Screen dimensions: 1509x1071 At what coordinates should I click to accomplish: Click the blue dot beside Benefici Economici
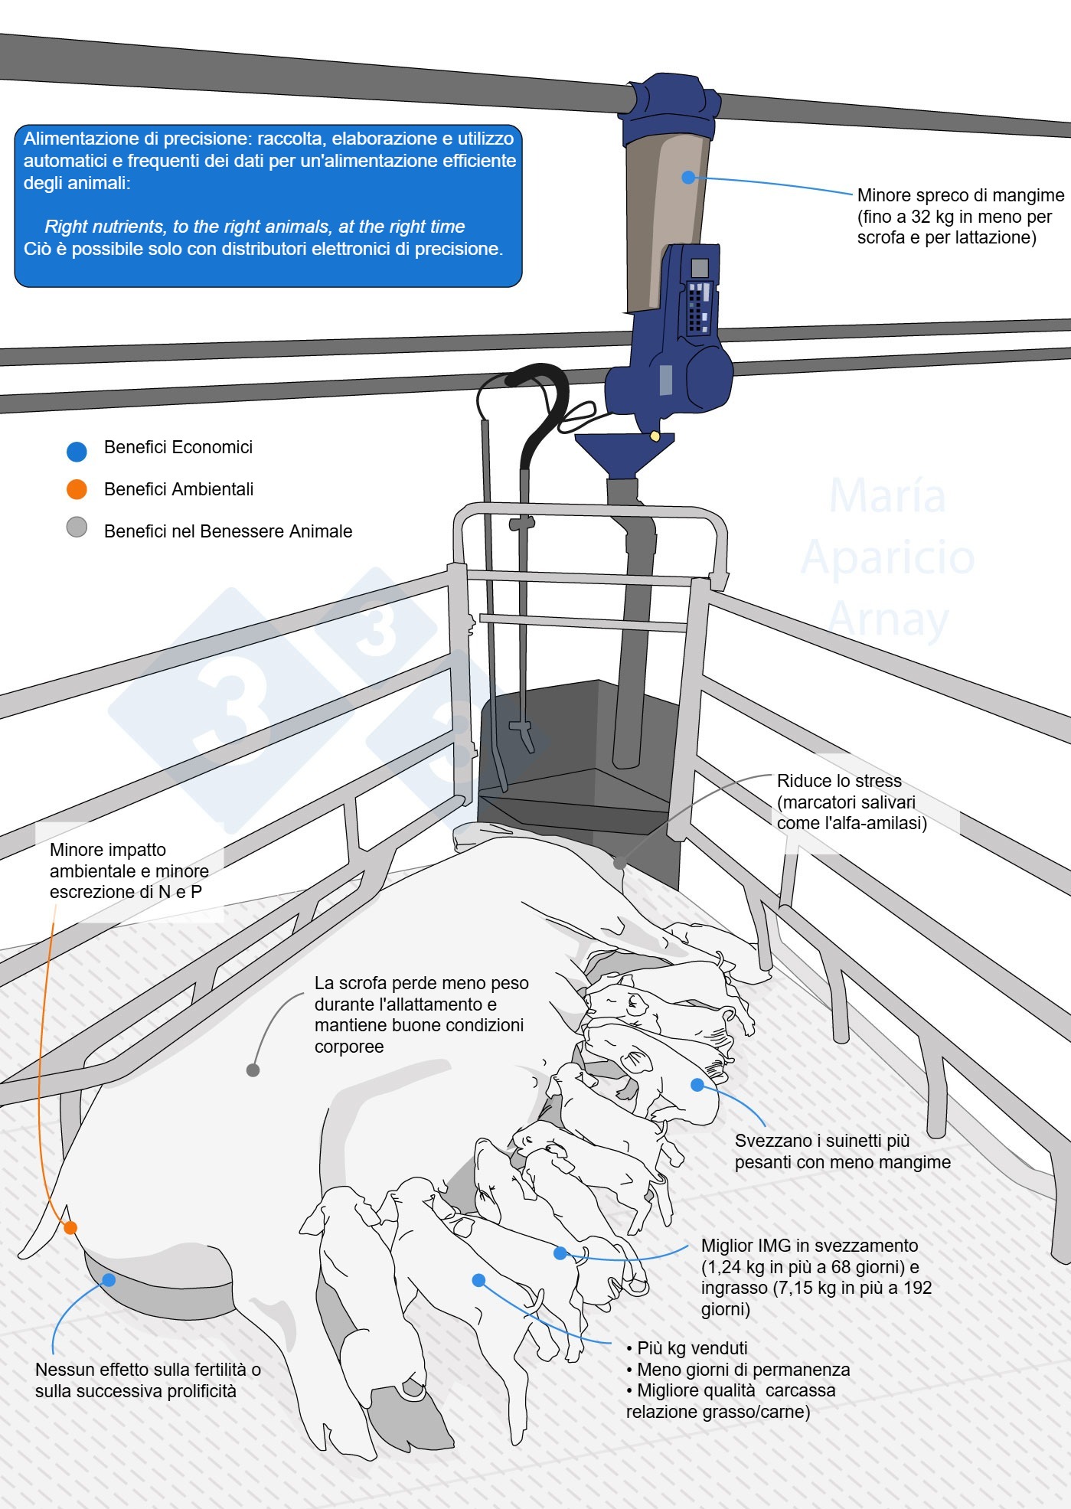[77, 452]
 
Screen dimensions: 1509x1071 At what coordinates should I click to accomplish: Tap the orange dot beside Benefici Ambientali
[77, 489]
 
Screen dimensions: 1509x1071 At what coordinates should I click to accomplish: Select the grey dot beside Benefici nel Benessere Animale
[77, 527]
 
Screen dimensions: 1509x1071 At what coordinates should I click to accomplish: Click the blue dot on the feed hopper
[688, 177]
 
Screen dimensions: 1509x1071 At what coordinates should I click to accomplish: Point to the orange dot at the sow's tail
[70, 1227]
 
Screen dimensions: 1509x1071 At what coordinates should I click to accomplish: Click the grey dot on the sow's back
[253, 1070]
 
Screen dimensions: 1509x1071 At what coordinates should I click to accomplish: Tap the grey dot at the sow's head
[619, 864]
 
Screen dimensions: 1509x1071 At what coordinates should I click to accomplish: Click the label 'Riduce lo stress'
[839, 781]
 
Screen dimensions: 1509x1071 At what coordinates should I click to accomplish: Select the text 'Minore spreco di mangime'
[960, 195]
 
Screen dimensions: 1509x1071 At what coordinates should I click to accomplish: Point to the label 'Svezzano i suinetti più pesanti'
[822, 1141]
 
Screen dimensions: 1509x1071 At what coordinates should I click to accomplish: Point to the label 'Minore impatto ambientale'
[129, 860]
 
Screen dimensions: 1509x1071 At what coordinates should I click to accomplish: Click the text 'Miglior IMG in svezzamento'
[809, 1246]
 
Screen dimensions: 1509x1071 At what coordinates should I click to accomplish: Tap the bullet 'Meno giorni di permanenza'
[743, 1370]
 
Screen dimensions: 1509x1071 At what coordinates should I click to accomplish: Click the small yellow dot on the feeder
[655, 436]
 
